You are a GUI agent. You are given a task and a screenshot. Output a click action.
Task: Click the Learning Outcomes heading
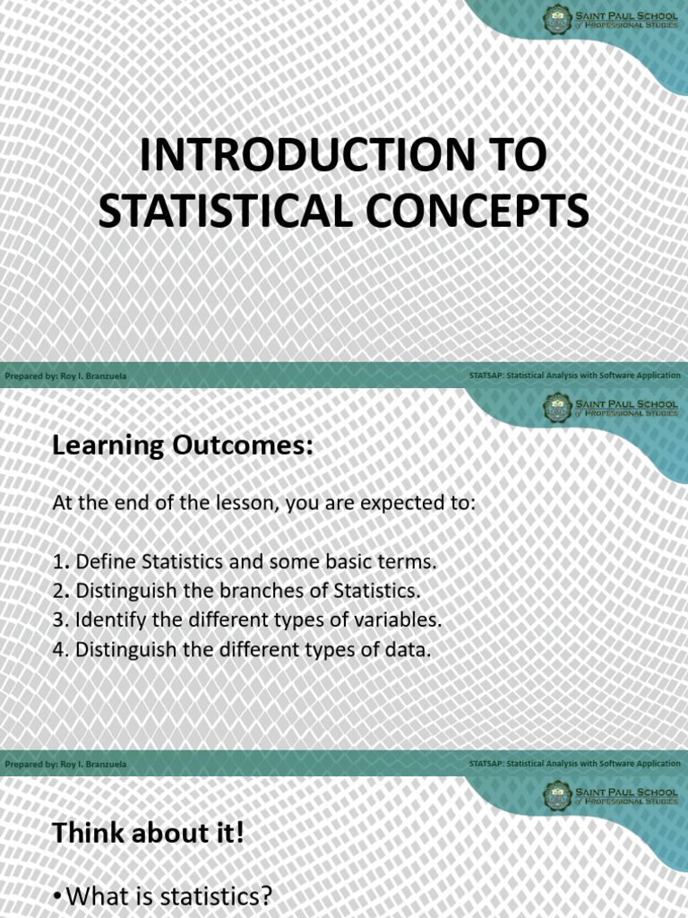pyautogui.click(x=183, y=446)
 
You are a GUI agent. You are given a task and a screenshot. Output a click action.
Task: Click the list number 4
pyautogui.click(x=59, y=649)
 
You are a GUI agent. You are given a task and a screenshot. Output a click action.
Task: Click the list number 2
pyautogui.click(x=59, y=591)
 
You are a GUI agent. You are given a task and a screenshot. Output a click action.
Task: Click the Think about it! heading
pyautogui.click(x=148, y=833)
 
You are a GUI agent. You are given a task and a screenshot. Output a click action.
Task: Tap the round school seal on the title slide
pyautogui.click(x=557, y=19)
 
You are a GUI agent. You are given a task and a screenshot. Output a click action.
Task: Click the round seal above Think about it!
pyautogui.click(x=557, y=795)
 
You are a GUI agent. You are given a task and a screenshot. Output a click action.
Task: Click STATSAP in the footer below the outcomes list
pyautogui.click(x=486, y=764)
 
